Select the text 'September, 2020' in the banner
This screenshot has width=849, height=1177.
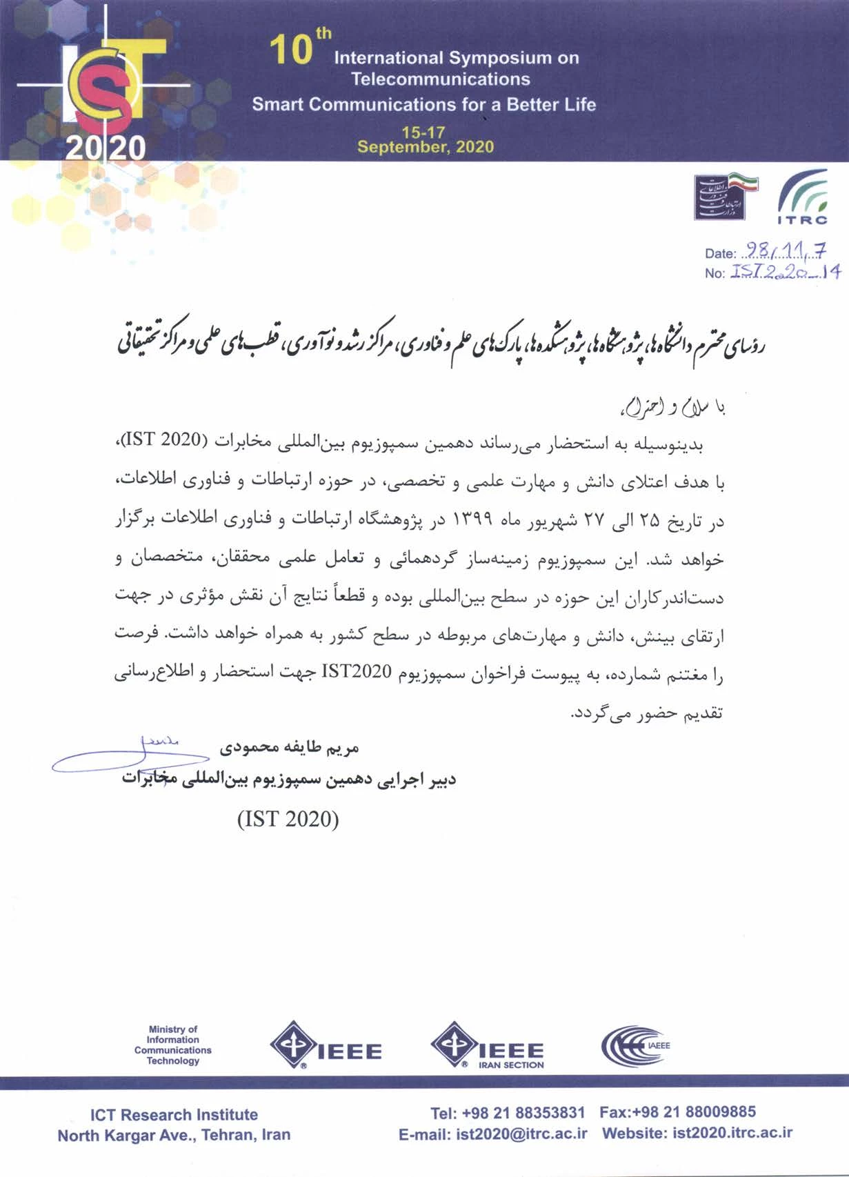pos(426,146)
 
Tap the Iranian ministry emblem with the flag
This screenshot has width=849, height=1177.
pos(726,197)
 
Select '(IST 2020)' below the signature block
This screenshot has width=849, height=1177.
pos(288,819)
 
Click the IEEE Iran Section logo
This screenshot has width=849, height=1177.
pos(488,1045)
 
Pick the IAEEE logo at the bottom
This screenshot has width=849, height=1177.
pos(635,1045)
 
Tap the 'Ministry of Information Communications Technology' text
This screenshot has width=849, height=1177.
pos(173,1045)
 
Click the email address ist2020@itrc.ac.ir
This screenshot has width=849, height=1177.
pos(521,1134)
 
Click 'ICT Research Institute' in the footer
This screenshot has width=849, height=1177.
pos(174,1114)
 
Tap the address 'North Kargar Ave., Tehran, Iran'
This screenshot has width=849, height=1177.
pos(174,1135)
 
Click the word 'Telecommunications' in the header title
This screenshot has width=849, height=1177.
pos(440,79)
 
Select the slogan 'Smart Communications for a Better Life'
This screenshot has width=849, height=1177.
pos(423,105)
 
